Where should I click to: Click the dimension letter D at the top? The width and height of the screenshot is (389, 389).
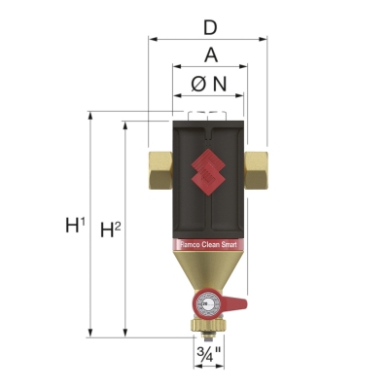208,21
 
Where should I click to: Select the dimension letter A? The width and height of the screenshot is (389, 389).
208,54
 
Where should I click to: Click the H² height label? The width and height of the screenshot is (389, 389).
112,230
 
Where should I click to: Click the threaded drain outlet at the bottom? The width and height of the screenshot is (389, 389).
207,333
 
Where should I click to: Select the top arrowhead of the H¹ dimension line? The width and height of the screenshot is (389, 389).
90,115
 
